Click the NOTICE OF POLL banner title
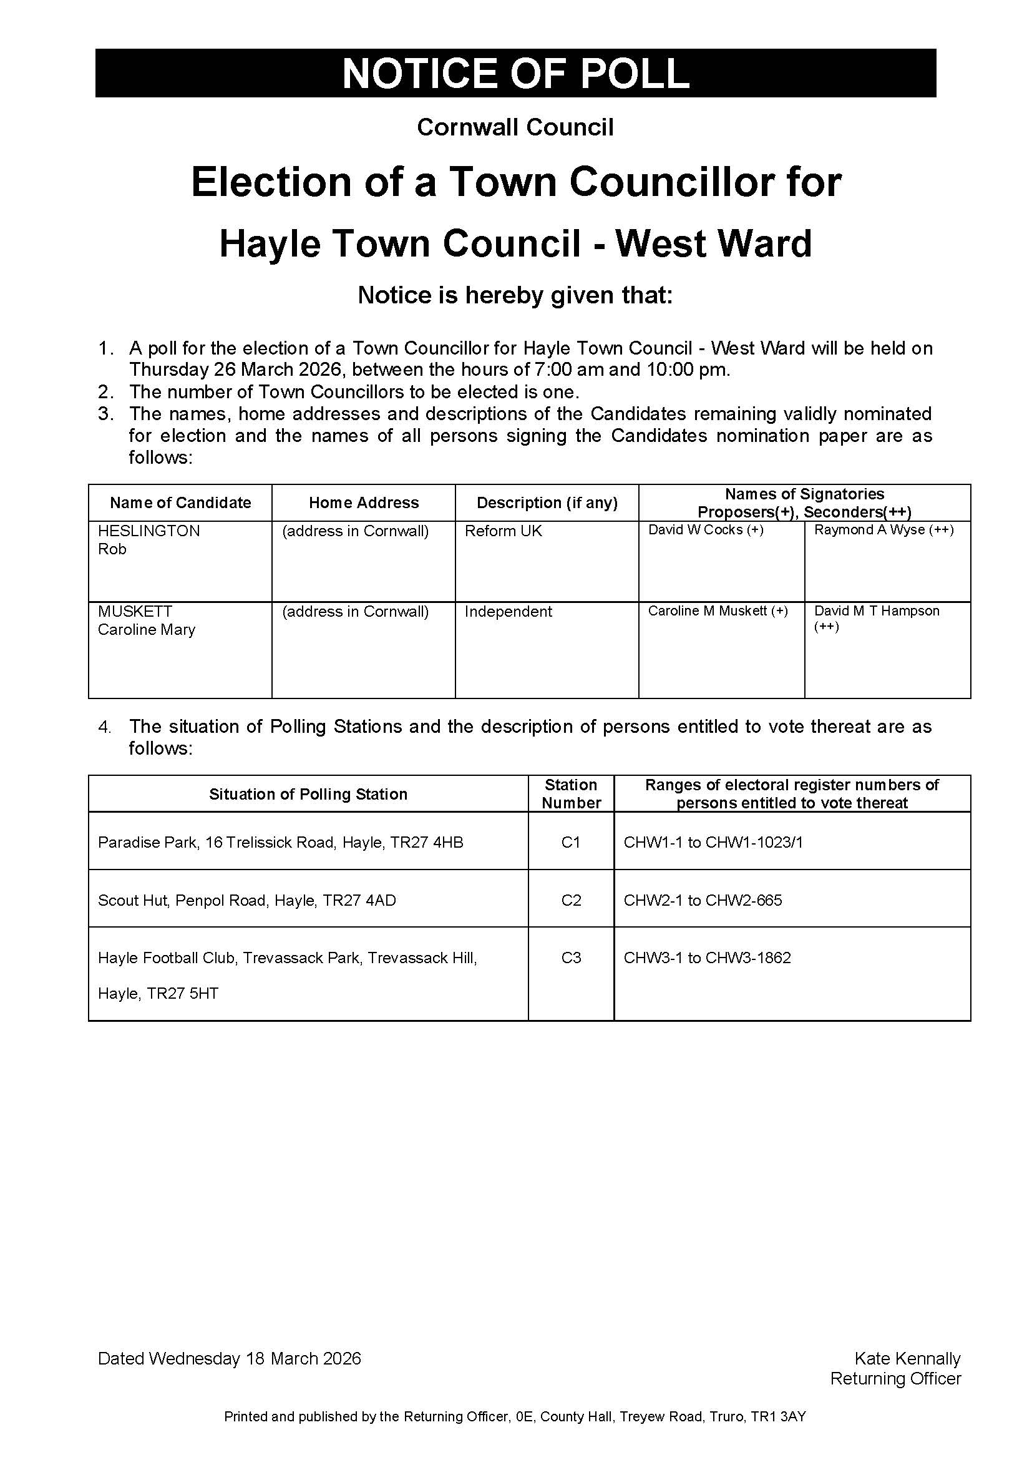515,73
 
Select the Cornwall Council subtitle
515,128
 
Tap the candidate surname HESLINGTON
148,531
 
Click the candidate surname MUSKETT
135,611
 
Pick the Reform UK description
504,531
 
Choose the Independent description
509,612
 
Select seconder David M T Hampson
876,611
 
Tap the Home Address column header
364,503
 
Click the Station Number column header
571,793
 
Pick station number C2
571,901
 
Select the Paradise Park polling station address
280,843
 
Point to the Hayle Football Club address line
287,958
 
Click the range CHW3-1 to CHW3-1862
708,958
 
